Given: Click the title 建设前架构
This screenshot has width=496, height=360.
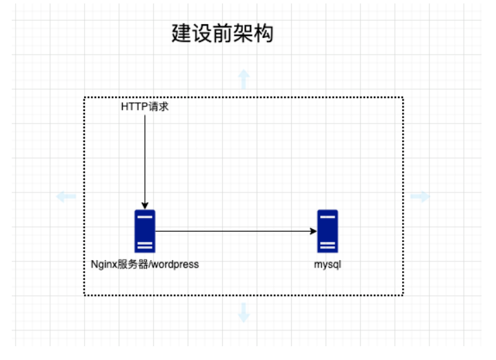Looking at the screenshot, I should pos(222,34).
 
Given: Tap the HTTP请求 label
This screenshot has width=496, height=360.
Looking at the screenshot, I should pos(145,107).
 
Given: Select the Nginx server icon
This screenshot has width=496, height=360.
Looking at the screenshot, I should pos(145,231).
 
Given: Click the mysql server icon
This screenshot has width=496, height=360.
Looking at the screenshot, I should pos(327,231).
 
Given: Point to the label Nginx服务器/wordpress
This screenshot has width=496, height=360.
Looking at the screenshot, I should pos(145,264).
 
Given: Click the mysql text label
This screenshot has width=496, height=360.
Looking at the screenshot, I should pos(327,264).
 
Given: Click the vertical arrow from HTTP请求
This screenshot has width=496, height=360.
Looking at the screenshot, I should pos(145,159).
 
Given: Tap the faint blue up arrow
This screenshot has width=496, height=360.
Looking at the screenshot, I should pos(244,79).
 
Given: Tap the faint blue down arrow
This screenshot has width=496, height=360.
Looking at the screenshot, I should pos(244,313).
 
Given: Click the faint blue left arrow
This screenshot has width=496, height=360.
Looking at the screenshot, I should pos(66,197).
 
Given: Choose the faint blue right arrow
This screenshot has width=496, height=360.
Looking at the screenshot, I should pos(420,197).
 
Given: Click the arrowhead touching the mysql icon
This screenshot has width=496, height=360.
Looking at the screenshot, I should pos(313,231).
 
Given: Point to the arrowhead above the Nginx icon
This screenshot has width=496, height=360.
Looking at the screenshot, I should pos(145,205).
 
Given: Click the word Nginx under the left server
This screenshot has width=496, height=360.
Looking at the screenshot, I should pos(103,264).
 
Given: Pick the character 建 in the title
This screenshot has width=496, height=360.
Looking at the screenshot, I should pos(181,34).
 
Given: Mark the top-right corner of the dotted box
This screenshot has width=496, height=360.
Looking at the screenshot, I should pos(403,97).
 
